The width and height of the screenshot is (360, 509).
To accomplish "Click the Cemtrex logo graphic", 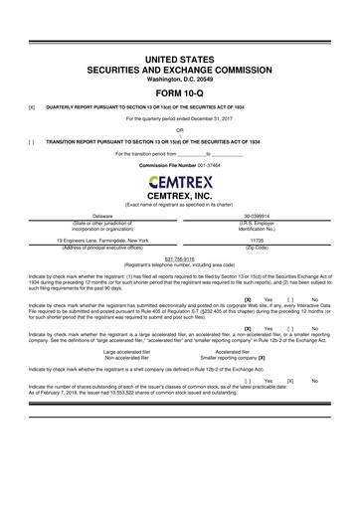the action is click(180, 183).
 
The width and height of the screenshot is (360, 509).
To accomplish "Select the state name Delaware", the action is click(102, 216).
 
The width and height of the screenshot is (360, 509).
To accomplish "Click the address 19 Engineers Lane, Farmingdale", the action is click(103, 240).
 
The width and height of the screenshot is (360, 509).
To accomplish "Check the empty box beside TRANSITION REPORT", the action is click(32, 142).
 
